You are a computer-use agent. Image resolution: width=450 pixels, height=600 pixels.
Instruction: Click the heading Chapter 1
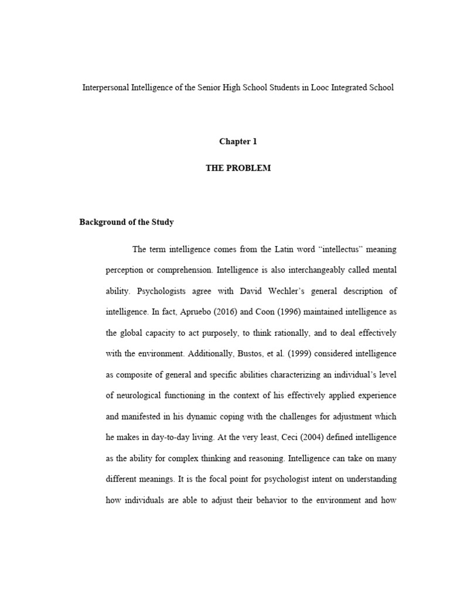238,141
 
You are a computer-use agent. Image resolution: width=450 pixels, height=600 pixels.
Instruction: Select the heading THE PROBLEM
238,168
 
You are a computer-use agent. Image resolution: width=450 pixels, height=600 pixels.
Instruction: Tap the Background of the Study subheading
127,222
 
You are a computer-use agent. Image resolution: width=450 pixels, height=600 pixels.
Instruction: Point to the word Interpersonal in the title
106,87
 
